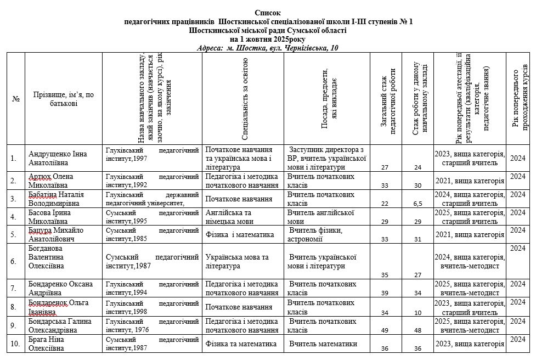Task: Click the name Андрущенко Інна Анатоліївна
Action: point(58,159)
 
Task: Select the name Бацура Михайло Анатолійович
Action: point(56,234)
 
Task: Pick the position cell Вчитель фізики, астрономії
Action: point(317,234)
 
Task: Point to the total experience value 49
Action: point(385,330)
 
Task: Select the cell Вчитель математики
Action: point(324,344)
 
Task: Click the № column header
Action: point(16,99)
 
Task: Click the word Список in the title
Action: point(268,12)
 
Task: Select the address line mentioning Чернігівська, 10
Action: point(268,48)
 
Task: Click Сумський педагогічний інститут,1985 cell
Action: point(151,234)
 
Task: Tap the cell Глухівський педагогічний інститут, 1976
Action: point(151,325)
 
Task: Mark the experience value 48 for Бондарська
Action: point(417,330)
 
